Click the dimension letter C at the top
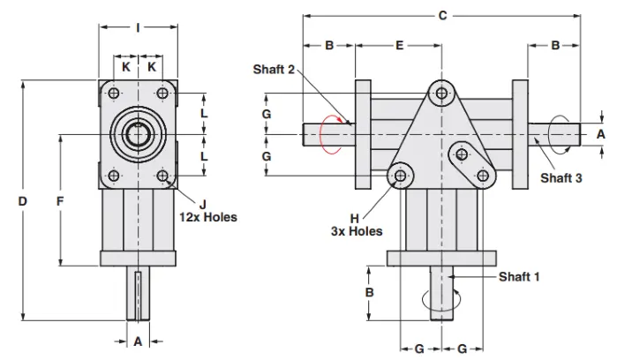[x=442, y=15]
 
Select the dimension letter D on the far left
[x=23, y=201]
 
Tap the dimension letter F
[x=60, y=201]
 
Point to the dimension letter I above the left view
[x=138, y=27]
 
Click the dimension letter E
[x=399, y=45]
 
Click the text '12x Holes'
[x=208, y=217]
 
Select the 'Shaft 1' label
[x=519, y=276]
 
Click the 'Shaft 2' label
[x=274, y=70]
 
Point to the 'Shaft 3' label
[x=561, y=177]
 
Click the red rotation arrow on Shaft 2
[x=328, y=134]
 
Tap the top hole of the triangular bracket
[x=442, y=92]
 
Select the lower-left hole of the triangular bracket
[x=402, y=177]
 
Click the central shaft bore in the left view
[x=138, y=135]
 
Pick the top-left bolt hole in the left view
[x=114, y=93]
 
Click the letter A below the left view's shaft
[x=138, y=341]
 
